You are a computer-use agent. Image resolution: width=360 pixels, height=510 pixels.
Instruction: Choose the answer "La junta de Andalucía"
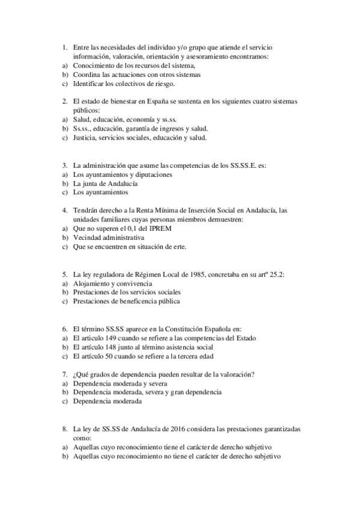[x=105, y=183]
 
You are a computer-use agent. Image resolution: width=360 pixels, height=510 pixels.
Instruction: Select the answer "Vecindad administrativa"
[x=108, y=238]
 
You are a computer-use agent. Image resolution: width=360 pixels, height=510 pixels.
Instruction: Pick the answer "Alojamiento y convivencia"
[x=112, y=283]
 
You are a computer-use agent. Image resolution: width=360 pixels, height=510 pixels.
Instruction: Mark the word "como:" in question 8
[x=82, y=438]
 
